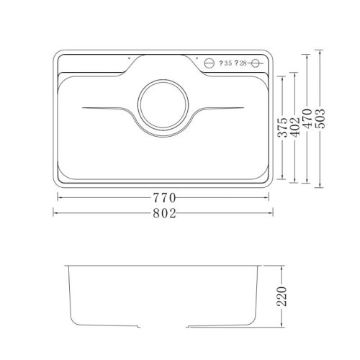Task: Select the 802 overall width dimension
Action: [x=164, y=212]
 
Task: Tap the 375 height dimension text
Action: [x=284, y=127]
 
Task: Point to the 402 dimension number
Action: [x=295, y=127]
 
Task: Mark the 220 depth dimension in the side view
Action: [x=284, y=297]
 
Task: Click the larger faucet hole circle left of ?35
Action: [x=210, y=63]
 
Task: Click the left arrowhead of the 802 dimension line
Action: [x=55, y=213]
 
